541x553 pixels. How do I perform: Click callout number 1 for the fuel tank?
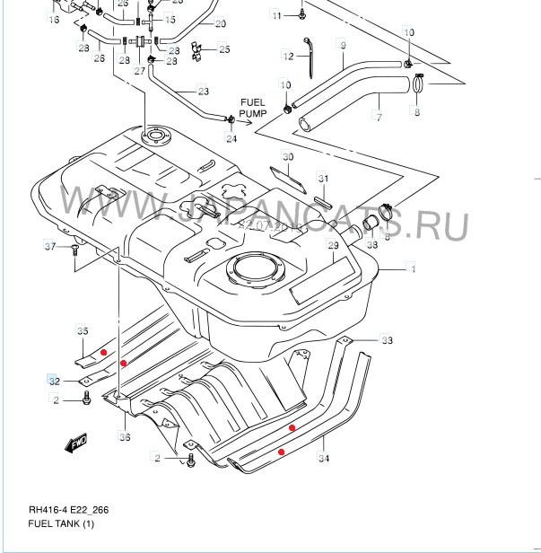412,268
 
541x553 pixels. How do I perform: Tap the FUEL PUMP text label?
254,110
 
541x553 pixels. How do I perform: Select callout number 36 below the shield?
125,437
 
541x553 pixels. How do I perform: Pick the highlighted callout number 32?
54,381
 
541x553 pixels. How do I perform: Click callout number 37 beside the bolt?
50,246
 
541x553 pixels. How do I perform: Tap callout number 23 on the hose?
203,91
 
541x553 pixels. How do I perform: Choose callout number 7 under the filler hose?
379,117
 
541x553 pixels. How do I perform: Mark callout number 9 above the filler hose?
342,44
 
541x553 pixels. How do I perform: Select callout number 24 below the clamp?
231,138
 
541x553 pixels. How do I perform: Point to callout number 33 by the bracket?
387,340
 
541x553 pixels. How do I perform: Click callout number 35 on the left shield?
83,331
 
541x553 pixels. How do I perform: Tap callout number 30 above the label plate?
287,157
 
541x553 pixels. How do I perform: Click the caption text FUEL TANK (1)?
61,523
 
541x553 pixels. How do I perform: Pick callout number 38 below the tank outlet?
371,244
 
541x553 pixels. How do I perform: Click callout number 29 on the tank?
332,245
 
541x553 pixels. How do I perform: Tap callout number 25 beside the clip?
223,49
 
